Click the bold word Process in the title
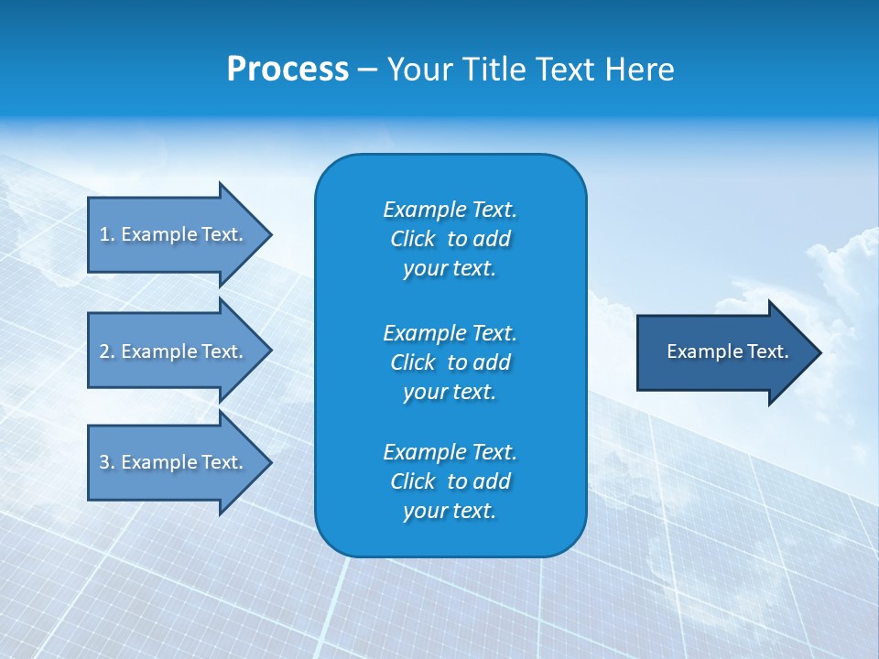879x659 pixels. point(288,70)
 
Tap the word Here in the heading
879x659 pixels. point(640,70)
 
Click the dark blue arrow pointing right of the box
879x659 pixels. point(723,351)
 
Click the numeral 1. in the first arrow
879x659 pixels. point(106,234)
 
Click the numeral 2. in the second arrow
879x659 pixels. point(106,351)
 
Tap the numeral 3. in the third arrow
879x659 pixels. point(106,462)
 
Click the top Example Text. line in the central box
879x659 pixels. point(450,210)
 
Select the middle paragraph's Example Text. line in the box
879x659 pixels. point(450,332)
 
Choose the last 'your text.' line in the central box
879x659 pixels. point(450,511)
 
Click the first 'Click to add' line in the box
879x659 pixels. point(450,239)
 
